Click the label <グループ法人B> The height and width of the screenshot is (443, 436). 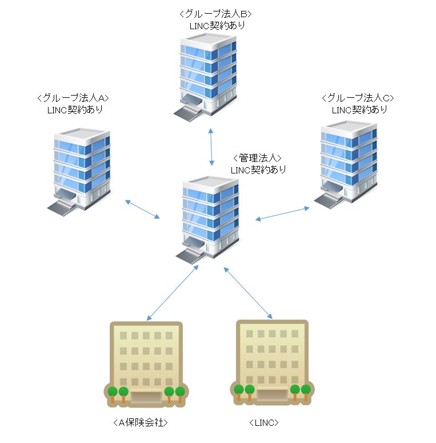(x=215, y=13)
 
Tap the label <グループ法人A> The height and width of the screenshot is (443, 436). (x=71, y=97)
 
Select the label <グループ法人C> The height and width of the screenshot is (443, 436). (x=358, y=97)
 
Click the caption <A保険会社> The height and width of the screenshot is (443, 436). (x=141, y=422)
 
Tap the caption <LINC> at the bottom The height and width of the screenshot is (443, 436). (x=264, y=422)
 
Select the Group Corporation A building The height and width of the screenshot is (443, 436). (x=79, y=169)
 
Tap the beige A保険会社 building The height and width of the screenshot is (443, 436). (x=145, y=363)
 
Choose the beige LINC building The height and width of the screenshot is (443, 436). (x=272, y=361)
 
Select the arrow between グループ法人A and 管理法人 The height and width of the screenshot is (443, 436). (x=142, y=208)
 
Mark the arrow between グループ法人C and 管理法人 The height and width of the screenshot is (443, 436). (x=282, y=213)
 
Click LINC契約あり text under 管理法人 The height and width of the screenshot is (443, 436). (x=258, y=169)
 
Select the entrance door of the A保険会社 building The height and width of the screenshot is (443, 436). (x=146, y=396)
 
